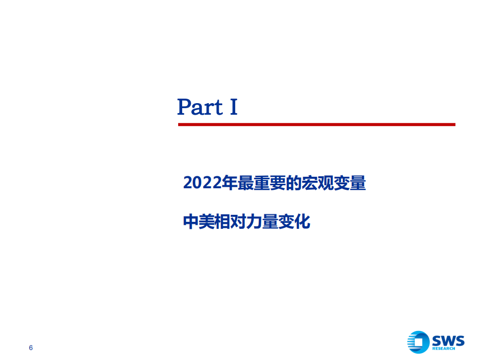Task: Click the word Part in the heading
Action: pos(200,107)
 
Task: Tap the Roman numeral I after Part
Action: pos(233,107)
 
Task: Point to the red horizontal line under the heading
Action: pos(316,124)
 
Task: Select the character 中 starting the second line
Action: pos(191,222)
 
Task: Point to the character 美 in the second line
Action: pos(207,222)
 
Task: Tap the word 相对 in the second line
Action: pos(231,222)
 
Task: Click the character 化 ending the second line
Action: pos(303,222)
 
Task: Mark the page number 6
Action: pos(31,348)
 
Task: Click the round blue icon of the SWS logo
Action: pos(418,342)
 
